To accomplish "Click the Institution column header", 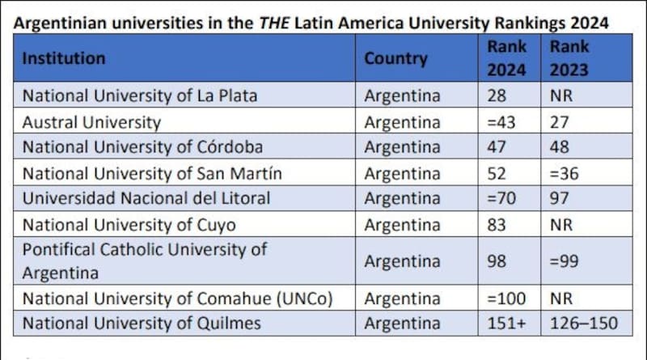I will (64, 58).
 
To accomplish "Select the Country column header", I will (395, 58).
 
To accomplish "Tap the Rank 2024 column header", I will (506, 58).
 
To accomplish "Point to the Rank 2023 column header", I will (569, 58).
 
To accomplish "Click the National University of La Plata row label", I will (139, 95).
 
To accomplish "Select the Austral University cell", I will (91, 123).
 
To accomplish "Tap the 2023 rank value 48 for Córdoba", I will (559, 148).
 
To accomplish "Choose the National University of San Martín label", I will (152, 173).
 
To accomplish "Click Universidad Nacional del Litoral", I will (146, 198).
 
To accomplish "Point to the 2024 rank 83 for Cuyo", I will (496, 224).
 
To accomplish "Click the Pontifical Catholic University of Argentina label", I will (144, 261).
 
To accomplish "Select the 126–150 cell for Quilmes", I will (583, 324).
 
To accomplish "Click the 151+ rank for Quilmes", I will (506, 324).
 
